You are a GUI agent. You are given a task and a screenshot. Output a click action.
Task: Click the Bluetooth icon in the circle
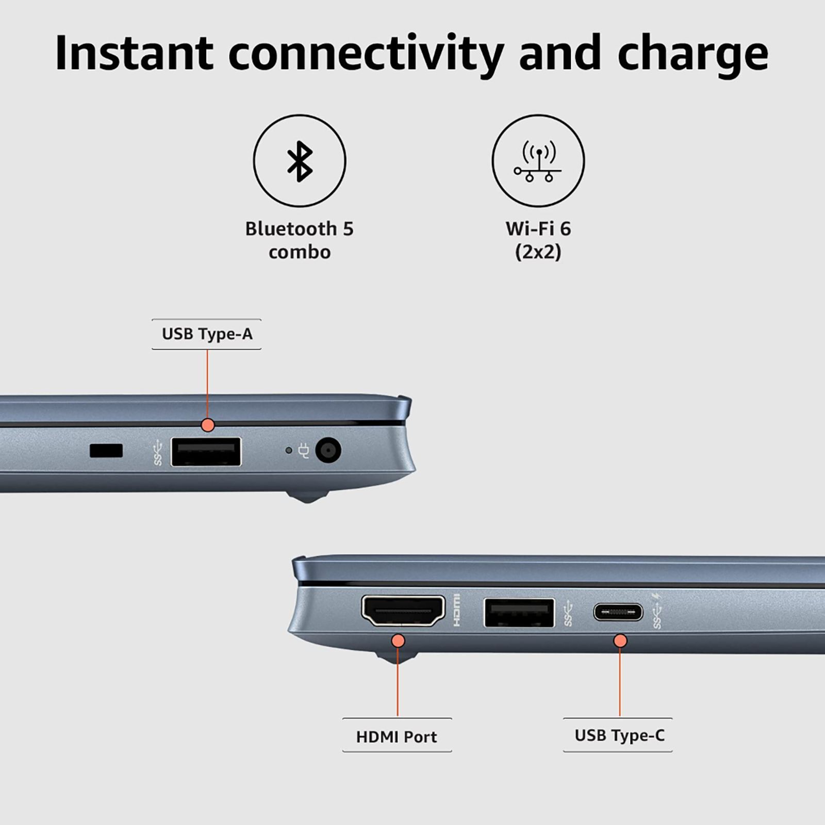[x=300, y=161]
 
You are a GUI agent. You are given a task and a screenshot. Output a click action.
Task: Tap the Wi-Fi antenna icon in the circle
[x=538, y=161]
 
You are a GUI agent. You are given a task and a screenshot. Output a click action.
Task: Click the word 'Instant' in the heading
[x=134, y=53]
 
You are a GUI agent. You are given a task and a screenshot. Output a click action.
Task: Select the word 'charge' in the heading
[x=692, y=57]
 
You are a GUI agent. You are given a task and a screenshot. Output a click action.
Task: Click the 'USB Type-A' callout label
[x=207, y=334]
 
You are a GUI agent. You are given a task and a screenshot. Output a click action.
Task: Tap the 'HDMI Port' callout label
[x=397, y=736]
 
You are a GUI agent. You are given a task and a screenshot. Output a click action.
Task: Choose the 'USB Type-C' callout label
[x=619, y=735]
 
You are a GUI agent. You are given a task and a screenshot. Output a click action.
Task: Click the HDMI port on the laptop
[x=403, y=612]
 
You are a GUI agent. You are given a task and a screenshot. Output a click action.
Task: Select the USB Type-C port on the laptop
[x=618, y=612]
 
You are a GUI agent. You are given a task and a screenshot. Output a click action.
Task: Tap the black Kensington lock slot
[x=106, y=450]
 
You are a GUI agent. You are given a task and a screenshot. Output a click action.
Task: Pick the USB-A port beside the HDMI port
[x=519, y=613]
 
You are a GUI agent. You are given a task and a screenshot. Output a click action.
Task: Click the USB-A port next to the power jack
[x=206, y=452]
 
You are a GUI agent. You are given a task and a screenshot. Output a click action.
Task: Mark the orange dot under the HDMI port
[x=398, y=641]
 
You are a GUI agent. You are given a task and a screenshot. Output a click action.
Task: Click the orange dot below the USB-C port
[x=620, y=641]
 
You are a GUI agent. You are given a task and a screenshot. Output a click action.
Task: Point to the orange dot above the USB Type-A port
[x=207, y=425]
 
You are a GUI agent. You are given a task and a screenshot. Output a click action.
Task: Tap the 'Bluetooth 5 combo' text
[x=300, y=240]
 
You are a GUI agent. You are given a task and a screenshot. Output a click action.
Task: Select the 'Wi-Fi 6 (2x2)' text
[x=538, y=240]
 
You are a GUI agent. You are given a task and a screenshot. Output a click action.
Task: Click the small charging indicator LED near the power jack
[x=289, y=451]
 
